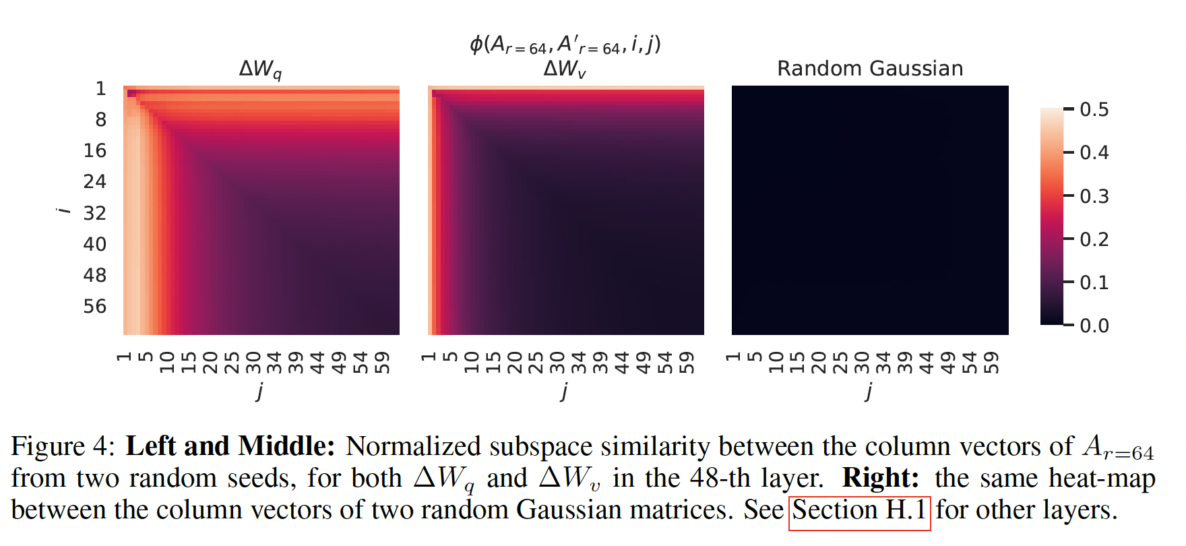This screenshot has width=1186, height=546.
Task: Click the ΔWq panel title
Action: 261,69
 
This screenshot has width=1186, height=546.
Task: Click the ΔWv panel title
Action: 565,69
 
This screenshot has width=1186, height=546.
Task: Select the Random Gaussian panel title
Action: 870,69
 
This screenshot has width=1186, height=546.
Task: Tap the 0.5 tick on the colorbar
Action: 1094,109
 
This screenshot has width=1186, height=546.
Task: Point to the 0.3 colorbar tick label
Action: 1094,196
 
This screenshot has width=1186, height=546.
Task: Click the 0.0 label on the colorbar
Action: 1094,326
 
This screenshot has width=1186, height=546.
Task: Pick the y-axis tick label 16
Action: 95,150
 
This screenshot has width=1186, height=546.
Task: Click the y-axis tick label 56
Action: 95,307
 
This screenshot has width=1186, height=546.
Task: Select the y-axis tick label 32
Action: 95,213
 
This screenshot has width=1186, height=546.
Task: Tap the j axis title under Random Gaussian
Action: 869,390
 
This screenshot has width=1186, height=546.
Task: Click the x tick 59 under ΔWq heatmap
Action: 382,362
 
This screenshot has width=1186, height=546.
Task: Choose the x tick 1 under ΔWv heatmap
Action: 429,357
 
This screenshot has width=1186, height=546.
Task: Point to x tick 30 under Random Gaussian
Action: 862,362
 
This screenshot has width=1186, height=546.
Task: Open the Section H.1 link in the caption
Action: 859,510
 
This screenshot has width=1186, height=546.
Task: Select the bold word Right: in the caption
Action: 881,479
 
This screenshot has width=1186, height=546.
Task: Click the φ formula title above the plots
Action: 565,44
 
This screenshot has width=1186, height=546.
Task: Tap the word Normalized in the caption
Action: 413,447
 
